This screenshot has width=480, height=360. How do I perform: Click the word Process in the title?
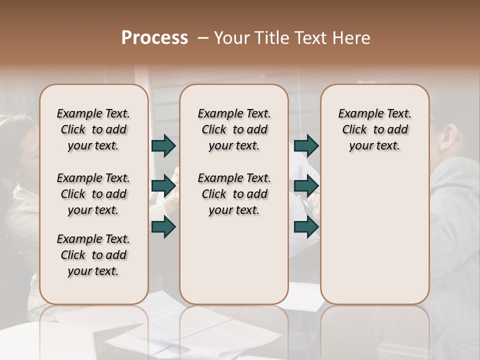coord(154,38)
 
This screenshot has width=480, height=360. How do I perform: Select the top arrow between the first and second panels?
coord(163,145)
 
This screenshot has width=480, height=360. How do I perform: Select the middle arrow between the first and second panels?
coord(163,186)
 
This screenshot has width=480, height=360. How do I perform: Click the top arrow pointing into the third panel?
coord(306,145)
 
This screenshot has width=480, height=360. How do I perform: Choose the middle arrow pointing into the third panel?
coord(306,186)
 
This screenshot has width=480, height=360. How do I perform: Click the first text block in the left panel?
coord(93,129)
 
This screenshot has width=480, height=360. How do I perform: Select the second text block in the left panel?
coord(93,194)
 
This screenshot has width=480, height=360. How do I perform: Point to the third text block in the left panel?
coord(93,255)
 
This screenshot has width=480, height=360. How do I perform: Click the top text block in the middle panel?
coord(234,129)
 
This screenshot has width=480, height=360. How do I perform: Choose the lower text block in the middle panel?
coord(234,194)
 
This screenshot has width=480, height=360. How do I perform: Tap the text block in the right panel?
coord(374,129)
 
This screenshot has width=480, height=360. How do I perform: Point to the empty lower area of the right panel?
coord(374,235)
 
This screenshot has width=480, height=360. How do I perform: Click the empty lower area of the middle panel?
coord(234,260)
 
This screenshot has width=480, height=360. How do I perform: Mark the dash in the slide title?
coord(203,38)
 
